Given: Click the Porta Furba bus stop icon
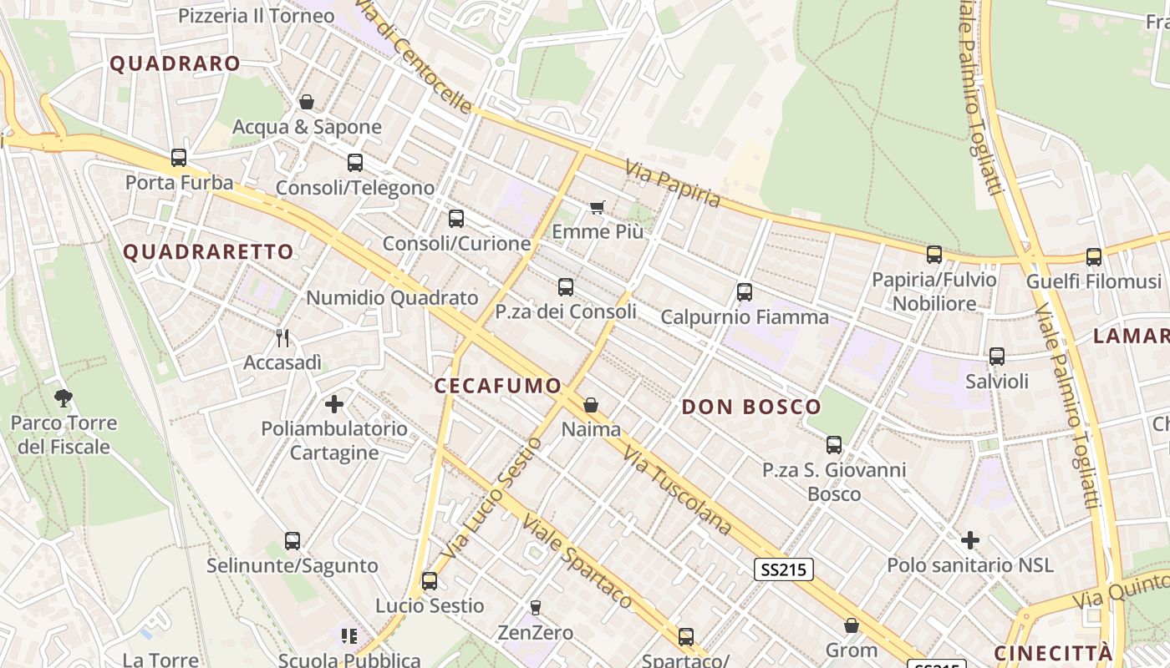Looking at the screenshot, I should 178,157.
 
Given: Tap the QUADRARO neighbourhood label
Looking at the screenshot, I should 175,63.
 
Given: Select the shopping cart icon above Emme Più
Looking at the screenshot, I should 597,206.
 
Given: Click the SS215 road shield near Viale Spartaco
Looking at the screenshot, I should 783,569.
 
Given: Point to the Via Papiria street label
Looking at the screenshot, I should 673,184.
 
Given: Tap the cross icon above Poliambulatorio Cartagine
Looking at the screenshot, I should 334,404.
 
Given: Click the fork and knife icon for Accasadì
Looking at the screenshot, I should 282,337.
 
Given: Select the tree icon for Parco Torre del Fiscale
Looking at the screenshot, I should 63,397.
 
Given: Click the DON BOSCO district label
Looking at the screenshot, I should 751,407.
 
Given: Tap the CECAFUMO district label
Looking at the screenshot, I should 498,386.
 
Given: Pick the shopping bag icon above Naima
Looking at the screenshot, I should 591,405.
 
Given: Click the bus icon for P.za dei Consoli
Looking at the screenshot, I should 566,287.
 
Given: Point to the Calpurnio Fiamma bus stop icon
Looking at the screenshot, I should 745,292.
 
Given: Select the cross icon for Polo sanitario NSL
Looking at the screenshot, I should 969,540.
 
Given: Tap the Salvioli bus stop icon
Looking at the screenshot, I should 996,357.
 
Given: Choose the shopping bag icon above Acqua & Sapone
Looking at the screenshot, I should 307,102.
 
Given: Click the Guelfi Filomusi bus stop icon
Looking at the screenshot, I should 1093,257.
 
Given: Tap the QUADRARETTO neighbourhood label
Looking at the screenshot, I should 209,252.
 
